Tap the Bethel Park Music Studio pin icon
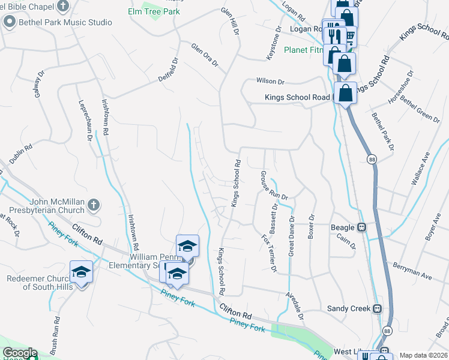tap(9, 23)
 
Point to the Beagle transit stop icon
tap(362, 227)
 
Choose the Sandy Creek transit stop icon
tap(377, 308)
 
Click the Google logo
tap(19, 353)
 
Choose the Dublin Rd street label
tap(20, 153)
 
